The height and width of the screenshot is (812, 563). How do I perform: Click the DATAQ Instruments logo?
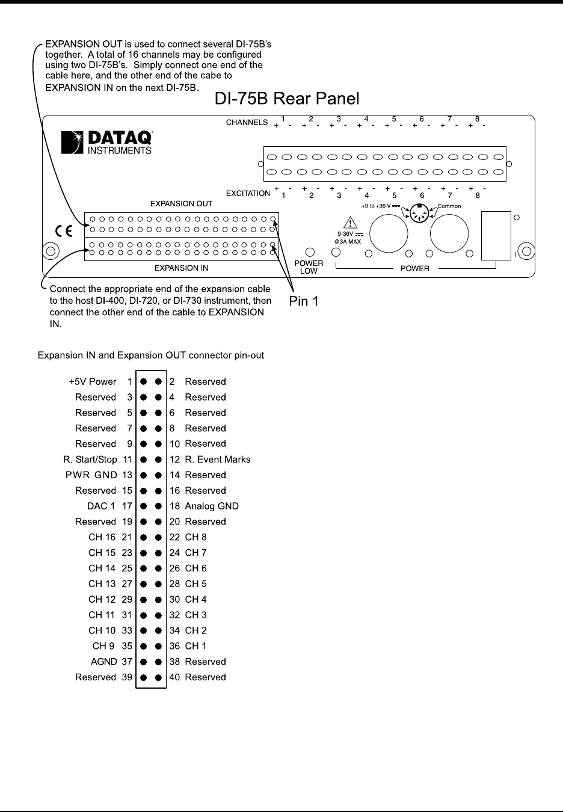tap(107, 142)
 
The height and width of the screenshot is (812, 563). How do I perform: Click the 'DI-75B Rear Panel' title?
tap(287, 99)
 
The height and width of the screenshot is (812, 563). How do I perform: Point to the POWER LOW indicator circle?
tap(310, 252)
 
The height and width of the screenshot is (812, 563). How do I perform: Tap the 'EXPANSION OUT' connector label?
tap(181, 204)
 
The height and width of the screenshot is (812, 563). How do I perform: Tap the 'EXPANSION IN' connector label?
tap(181, 268)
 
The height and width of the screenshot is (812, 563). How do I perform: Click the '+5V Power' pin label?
tap(94, 381)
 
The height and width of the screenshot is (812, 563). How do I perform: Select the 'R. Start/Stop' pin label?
tap(90, 460)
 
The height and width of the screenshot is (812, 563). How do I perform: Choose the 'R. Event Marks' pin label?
tap(218, 460)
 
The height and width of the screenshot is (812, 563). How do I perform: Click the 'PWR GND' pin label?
tap(91, 475)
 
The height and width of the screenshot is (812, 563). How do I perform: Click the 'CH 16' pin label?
tap(102, 537)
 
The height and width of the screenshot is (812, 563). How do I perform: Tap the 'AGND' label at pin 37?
tap(103, 662)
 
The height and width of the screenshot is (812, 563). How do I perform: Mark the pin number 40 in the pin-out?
tap(174, 677)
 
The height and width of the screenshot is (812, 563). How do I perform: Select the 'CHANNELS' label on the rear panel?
tap(247, 123)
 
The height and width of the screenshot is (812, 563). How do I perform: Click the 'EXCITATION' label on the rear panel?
tap(248, 194)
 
